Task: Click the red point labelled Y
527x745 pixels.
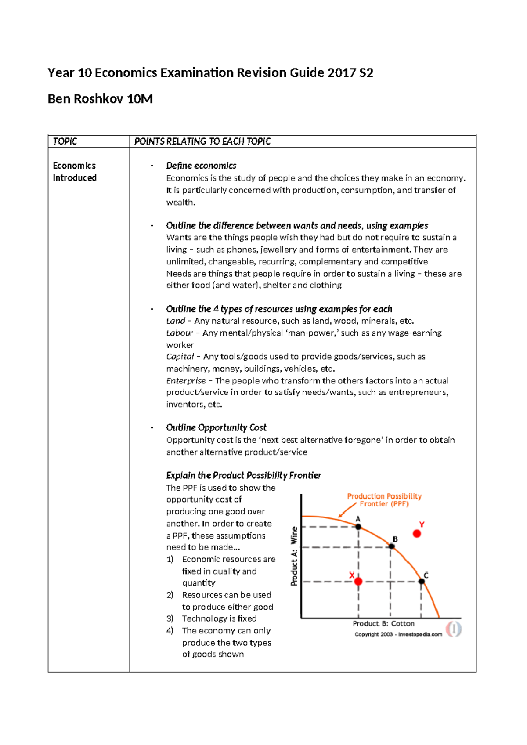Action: (x=417, y=533)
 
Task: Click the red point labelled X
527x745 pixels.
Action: (x=358, y=581)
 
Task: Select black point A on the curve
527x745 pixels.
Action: (x=358, y=526)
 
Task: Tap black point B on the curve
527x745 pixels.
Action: (x=392, y=546)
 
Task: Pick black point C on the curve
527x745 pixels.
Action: (x=422, y=581)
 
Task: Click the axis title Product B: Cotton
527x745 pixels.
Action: (x=383, y=623)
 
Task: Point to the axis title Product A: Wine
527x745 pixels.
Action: (x=294, y=556)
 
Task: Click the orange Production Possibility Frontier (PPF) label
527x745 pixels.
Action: (x=384, y=500)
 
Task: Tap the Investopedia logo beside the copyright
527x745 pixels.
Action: (x=454, y=629)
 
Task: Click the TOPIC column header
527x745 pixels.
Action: (x=65, y=141)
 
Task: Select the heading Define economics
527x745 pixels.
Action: (x=201, y=166)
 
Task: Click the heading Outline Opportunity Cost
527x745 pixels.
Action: (x=216, y=427)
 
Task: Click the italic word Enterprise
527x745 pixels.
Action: (x=186, y=380)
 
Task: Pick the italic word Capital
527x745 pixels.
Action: (x=180, y=356)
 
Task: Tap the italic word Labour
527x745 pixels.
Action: (x=179, y=333)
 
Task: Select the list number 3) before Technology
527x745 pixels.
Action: (x=170, y=618)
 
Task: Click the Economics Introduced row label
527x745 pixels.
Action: (x=74, y=171)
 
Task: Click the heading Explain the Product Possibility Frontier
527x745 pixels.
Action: (x=243, y=475)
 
